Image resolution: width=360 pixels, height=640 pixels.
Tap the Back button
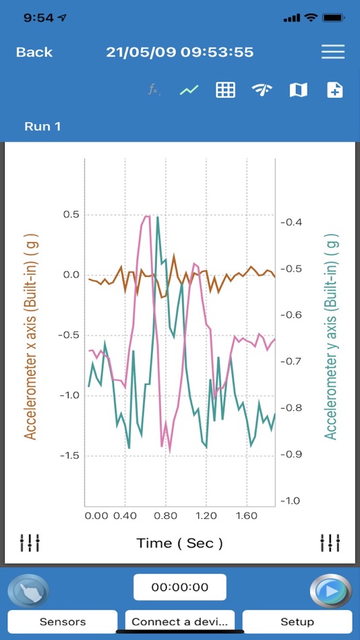pos(34,52)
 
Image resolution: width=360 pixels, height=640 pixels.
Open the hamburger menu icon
pos(332,52)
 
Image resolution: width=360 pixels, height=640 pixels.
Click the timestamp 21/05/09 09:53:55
pos(179,52)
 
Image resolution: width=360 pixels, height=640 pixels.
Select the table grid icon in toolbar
pos(225,90)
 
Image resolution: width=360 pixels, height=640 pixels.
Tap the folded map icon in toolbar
pos(298,90)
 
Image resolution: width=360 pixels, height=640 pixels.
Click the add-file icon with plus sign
pos(334,90)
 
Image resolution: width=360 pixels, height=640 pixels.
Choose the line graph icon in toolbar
pos(189,90)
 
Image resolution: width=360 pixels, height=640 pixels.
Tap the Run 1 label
pos(42,126)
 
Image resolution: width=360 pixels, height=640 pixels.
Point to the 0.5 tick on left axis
pos(71,214)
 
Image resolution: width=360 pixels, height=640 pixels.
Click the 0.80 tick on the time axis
pos(165,516)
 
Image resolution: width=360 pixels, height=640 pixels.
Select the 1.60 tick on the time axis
pos(246,516)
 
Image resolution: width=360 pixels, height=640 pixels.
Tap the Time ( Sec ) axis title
pos(179,542)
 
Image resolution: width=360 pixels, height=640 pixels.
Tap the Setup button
pos(297,621)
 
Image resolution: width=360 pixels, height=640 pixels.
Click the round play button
pos(330,591)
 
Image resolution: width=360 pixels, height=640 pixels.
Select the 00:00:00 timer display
pos(179,587)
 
